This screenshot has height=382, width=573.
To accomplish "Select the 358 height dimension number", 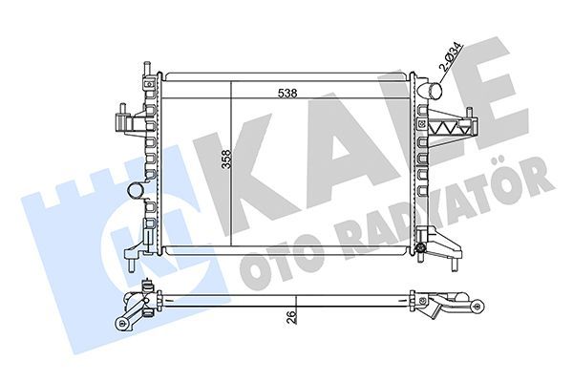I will (x=226, y=160).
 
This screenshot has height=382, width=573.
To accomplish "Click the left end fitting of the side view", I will (x=134, y=308).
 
